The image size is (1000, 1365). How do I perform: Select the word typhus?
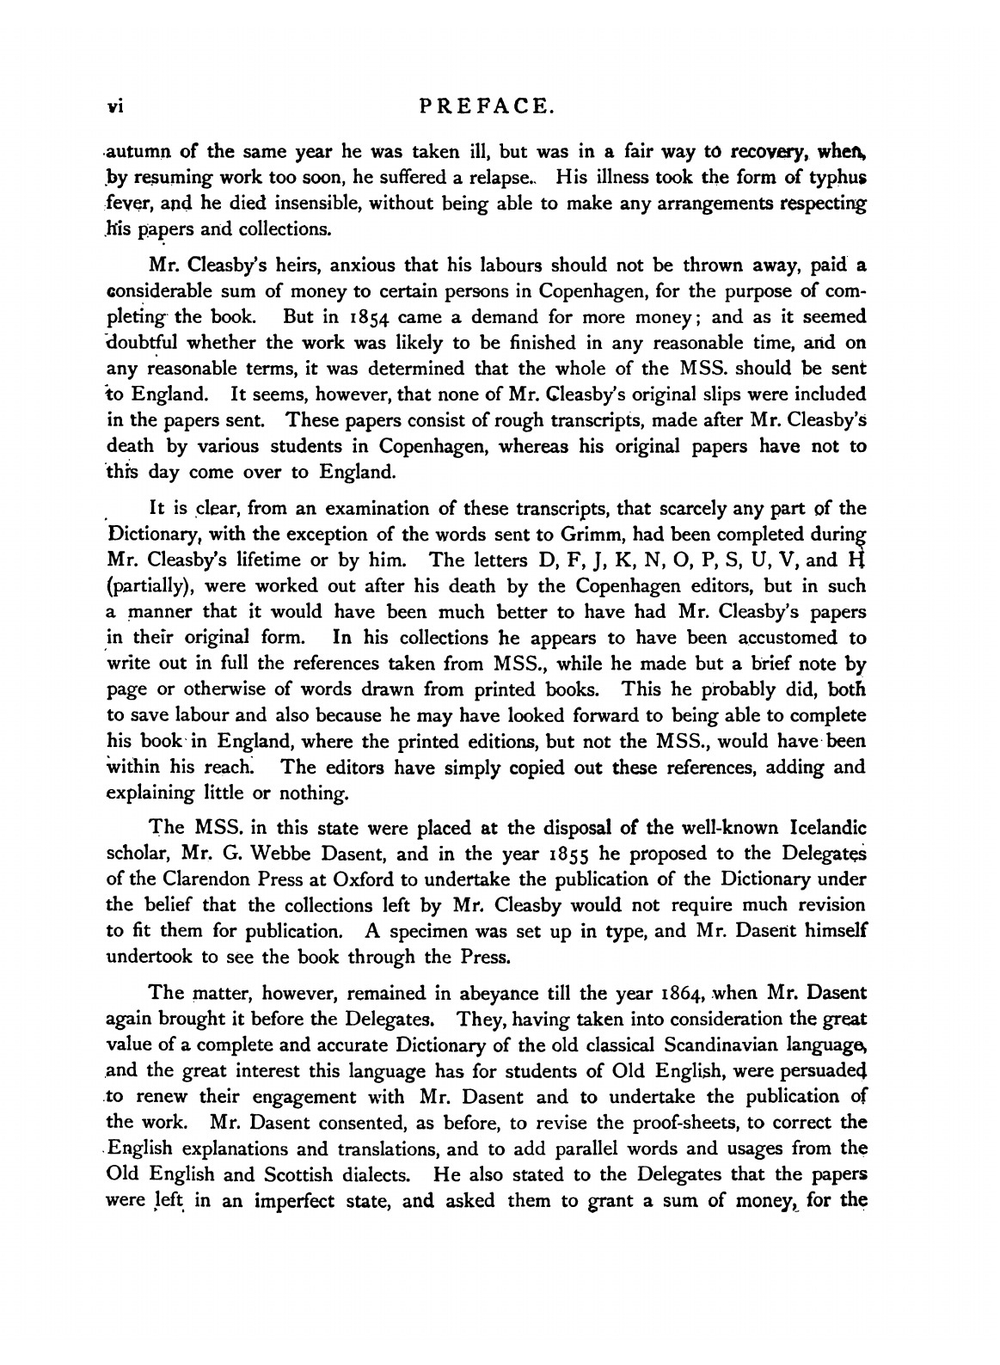click(x=837, y=178)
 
